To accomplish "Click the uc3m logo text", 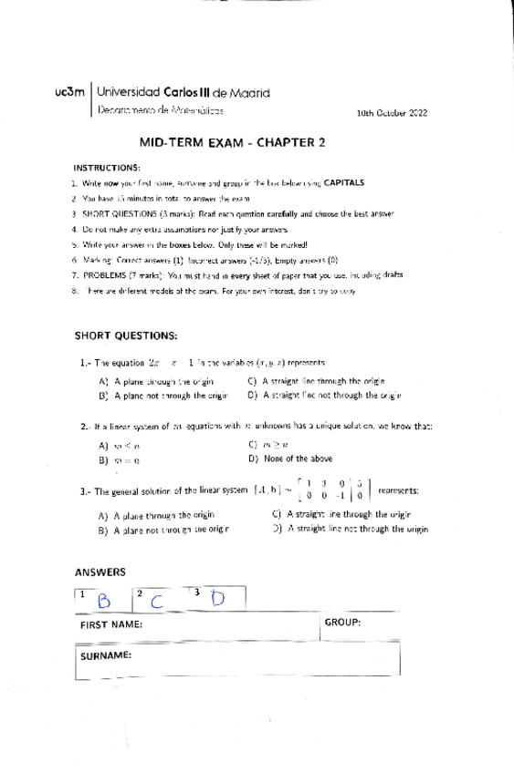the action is [x=70, y=92].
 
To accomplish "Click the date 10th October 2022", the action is [x=392, y=113].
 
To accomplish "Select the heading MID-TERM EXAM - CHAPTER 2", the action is [x=232, y=142].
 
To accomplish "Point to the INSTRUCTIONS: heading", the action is [x=107, y=168].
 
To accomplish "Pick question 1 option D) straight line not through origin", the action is [x=324, y=396].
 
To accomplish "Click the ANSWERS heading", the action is [x=100, y=572].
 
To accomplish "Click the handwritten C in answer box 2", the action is [x=159, y=600].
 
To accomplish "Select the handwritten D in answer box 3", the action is [x=217, y=598].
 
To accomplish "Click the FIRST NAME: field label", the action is [x=111, y=624].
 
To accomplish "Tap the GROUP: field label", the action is [x=342, y=621].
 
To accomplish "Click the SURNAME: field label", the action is [x=106, y=655].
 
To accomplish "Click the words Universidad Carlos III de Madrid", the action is [x=183, y=92].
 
